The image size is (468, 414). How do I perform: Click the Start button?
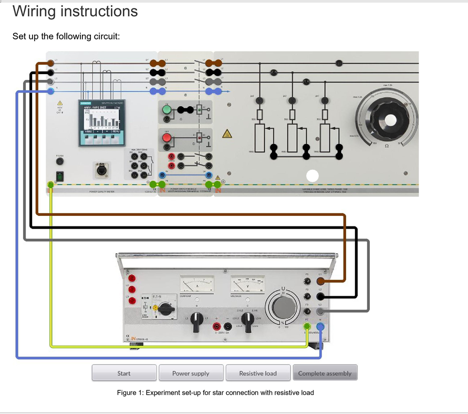tap(124, 373)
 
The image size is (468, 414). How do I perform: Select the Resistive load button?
tap(257, 373)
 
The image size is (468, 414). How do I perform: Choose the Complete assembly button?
tap(325, 373)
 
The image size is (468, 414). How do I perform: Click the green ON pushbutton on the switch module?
tap(167, 110)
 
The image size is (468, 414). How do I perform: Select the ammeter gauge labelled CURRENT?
tap(197, 285)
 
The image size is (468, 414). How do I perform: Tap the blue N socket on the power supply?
tap(320, 327)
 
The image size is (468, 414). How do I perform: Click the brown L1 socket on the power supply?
tap(320, 282)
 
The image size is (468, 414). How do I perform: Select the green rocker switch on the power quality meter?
tap(60, 176)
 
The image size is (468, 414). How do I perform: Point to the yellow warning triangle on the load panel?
tap(227, 134)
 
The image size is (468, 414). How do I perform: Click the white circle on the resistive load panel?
tap(313, 176)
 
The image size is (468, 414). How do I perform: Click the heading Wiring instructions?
tap(75, 11)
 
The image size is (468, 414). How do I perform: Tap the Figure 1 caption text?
tap(215, 392)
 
